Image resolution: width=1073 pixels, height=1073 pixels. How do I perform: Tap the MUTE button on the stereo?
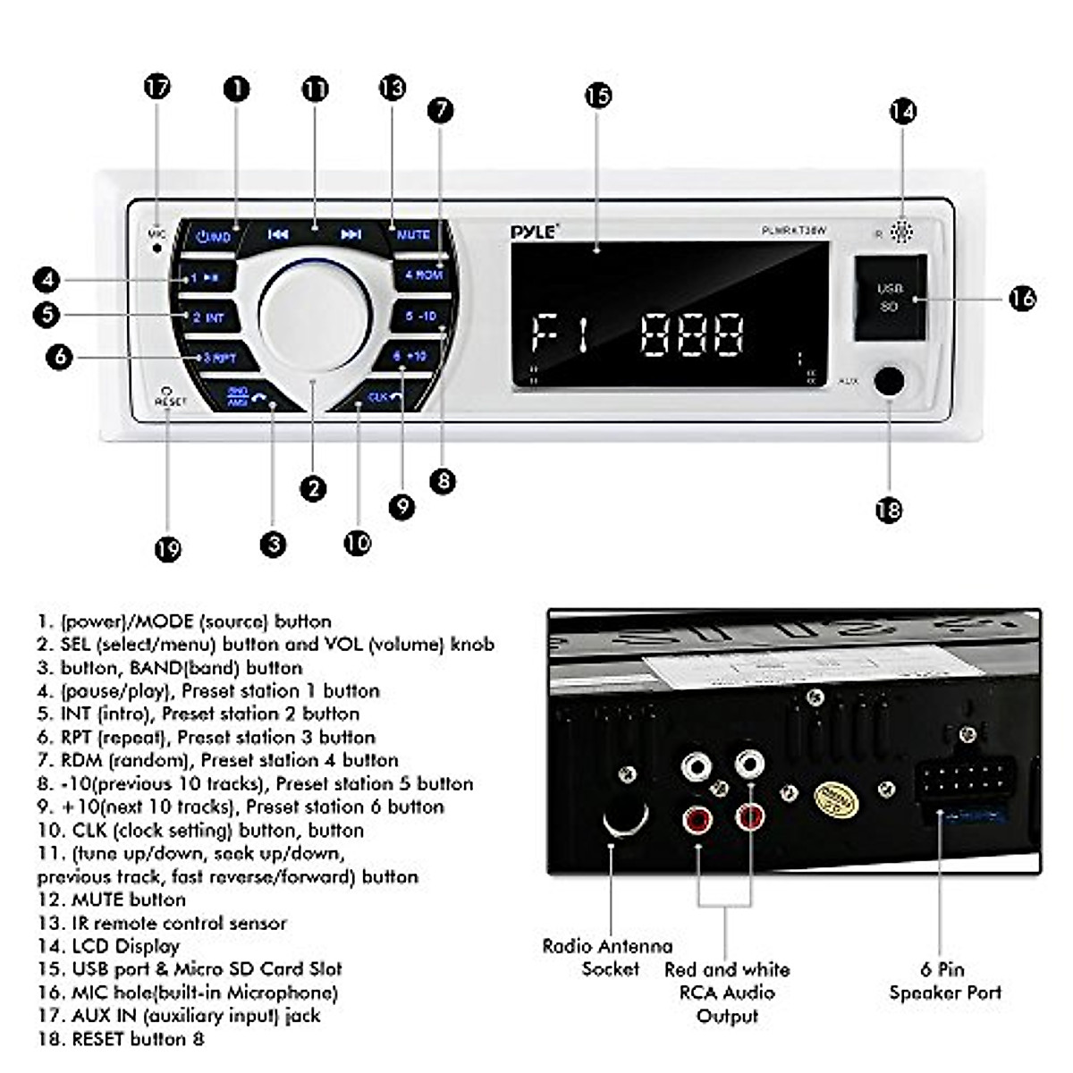click(413, 235)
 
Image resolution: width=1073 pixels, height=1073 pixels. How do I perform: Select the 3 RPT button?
click(220, 358)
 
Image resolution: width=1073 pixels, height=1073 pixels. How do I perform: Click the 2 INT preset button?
click(209, 317)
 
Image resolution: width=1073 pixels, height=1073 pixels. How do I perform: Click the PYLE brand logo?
click(534, 232)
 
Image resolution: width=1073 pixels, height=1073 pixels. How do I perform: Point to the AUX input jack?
click(889, 382)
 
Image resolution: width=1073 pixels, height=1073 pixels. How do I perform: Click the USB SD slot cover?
click(889, 298)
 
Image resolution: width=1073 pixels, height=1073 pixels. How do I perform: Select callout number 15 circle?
click(598, 95)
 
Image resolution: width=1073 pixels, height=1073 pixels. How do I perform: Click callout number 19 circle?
click(168, 549)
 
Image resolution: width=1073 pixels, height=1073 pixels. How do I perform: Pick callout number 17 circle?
click(157, 87)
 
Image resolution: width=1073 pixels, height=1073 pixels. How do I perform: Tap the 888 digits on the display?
click(691, 334)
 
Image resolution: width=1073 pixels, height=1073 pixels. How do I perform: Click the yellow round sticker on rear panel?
click(836, 801)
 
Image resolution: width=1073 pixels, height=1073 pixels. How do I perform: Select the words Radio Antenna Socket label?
click(608, 958)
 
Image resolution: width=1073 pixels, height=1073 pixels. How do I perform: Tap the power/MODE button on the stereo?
click(215, 237)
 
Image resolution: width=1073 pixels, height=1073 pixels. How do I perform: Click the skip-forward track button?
click(351, 235)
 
